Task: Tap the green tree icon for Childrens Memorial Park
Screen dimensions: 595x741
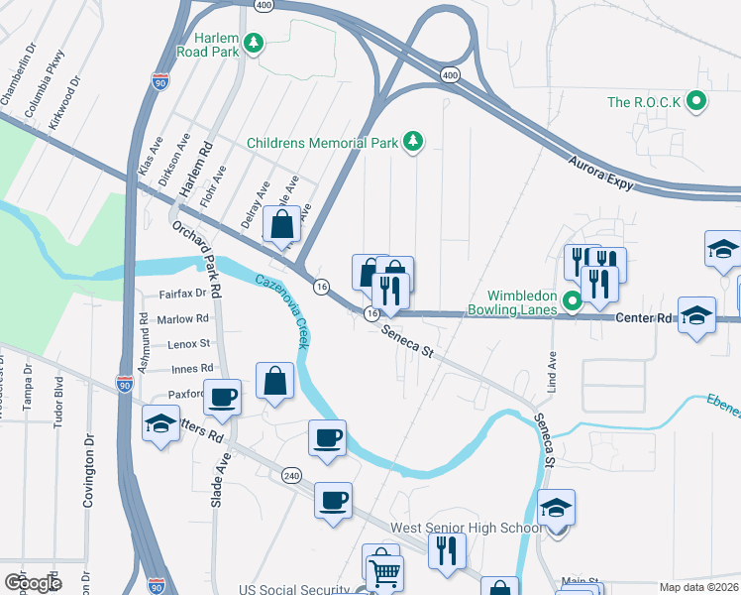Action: click(x=413, y=143)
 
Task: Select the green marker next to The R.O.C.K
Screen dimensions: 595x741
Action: click(x=696, y=101)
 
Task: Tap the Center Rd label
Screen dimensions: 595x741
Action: click(x=644, y=319)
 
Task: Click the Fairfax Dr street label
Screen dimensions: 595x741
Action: click(x=183, y=294)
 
